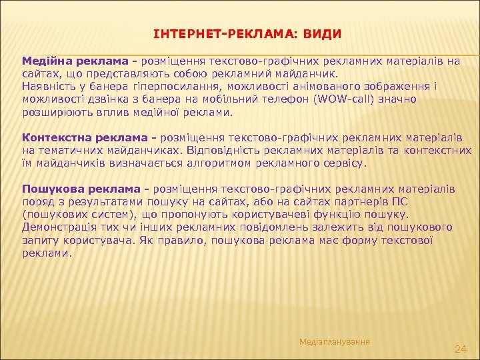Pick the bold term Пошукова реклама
point(75,189)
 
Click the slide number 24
point(459,349)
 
